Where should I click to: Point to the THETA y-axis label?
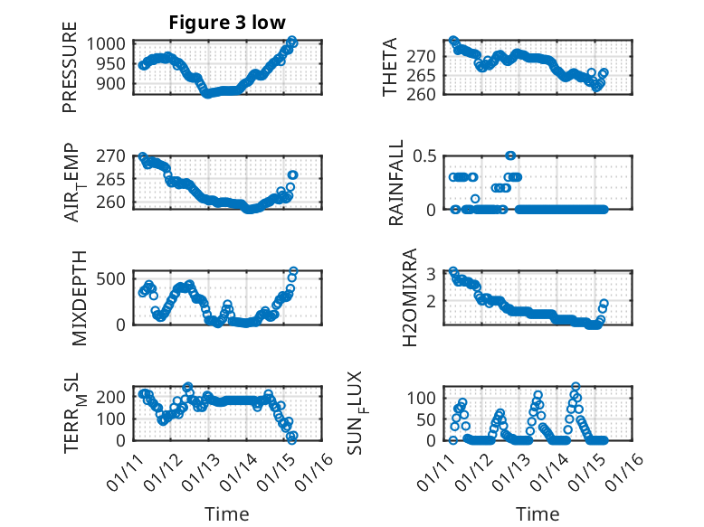tap(390, 69)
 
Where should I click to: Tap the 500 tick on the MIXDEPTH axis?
tap(114, 277)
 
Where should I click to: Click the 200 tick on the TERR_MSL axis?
tap(114, 396)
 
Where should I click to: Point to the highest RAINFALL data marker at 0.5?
tap(510, 155)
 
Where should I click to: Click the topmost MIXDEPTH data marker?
tap(293, 271)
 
